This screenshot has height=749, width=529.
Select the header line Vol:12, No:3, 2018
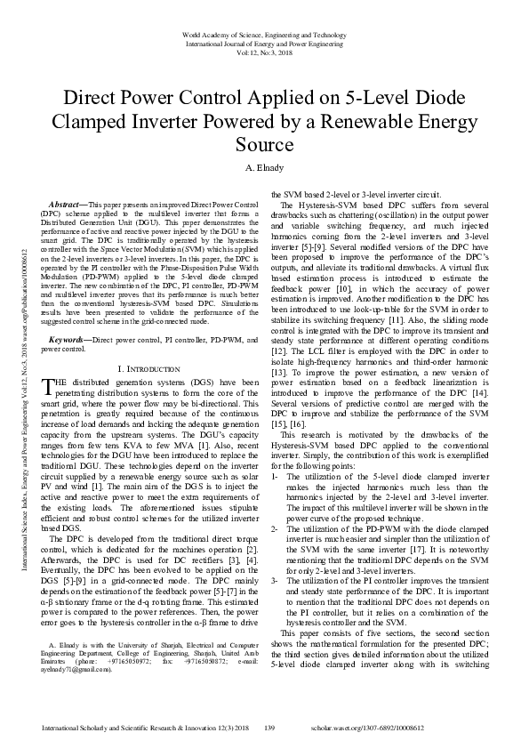(x=264, y=52)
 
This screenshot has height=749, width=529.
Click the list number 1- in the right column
(x=276, y=476)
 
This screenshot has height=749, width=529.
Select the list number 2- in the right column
(x=276, y=529)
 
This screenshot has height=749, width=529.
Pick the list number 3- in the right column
(x=276, y=582)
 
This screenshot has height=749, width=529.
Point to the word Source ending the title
(x=264, y=144)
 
